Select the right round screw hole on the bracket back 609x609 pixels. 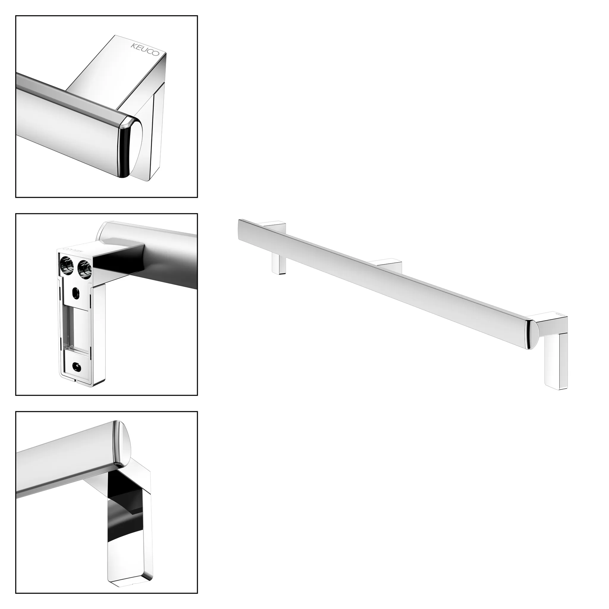pyautogui.click(x=84, y=264)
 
